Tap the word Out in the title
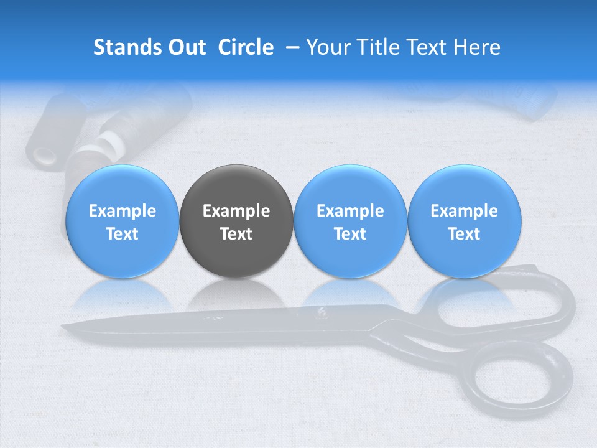click(x=185, y=47)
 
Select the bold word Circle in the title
click(x=246, y=47)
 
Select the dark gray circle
click(x=236, y=221)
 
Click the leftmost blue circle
click(x=123, y=221)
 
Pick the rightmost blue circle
click(x=464, y=221)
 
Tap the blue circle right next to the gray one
click(x=350, y=221)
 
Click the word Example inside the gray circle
click(x=236, y=211)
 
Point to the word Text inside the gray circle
click(x=236, y=234)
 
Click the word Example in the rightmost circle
click(x=464, y=211)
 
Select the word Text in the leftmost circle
click(x=123, y=234)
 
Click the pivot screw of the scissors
click(x=323, y=313)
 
